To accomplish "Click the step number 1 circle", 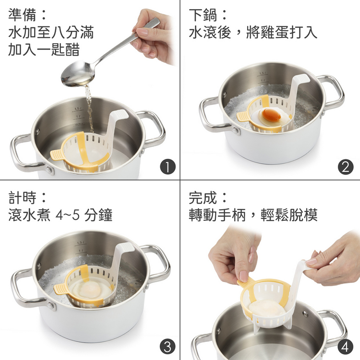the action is pos(168,167).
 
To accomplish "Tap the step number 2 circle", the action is pos(346,167).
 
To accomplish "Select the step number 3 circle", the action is pos(168,347).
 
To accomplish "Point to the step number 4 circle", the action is pos(346,347).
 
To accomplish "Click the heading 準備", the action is pos(22,15).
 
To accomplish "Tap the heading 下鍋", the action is pos(203,15).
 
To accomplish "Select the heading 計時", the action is pos(22,197).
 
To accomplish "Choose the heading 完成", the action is pos(203,197).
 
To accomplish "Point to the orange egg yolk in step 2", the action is pos(272,115).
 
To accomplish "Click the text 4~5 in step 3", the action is pos(68,215).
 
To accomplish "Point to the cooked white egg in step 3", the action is pos(86,290).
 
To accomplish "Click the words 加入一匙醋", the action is pos(44,49).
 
